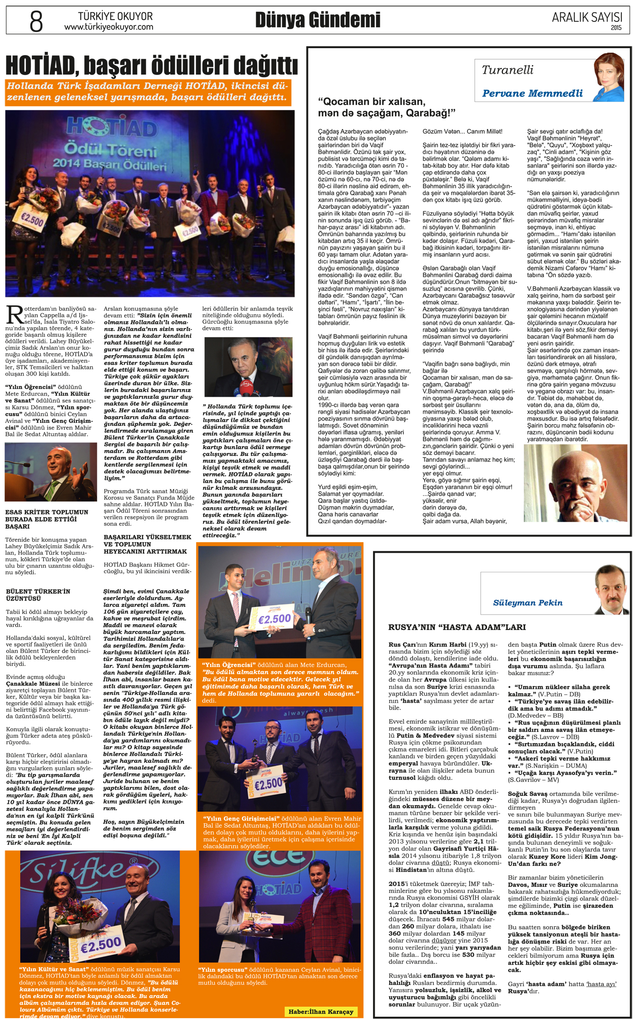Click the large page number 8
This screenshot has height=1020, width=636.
click(x=36, y=21)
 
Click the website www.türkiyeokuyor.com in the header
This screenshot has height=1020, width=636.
click(x=109, y=27)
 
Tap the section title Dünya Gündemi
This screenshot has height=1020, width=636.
click(x=318, y=20)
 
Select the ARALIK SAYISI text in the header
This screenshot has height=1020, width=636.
click(x=586, y=17)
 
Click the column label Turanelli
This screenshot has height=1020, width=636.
click(x=507, y=70)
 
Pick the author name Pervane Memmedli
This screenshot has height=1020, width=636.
click(x=532, y=94)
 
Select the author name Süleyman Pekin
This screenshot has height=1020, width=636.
click(x=527, y=603)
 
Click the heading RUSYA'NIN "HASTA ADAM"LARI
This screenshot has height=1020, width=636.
click(x=457, y=627)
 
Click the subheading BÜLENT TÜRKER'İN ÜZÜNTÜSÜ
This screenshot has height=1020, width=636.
click(x=38, y=595)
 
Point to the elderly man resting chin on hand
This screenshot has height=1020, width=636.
click(x=576, y=483)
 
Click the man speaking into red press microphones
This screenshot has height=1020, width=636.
click(x=248, y=367)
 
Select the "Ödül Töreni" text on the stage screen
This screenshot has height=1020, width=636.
click(x=110, y=149)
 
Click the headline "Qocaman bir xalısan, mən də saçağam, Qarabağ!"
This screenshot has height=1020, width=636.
click(x=386, y=107)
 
